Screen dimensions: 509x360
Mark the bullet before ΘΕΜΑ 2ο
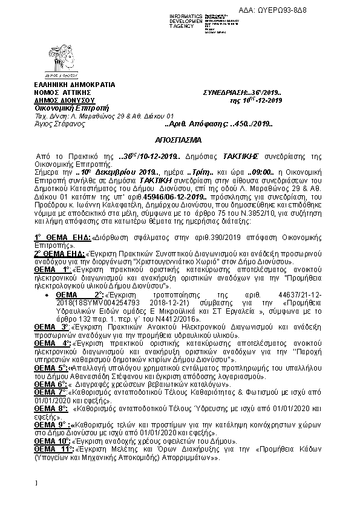[47, 293]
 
